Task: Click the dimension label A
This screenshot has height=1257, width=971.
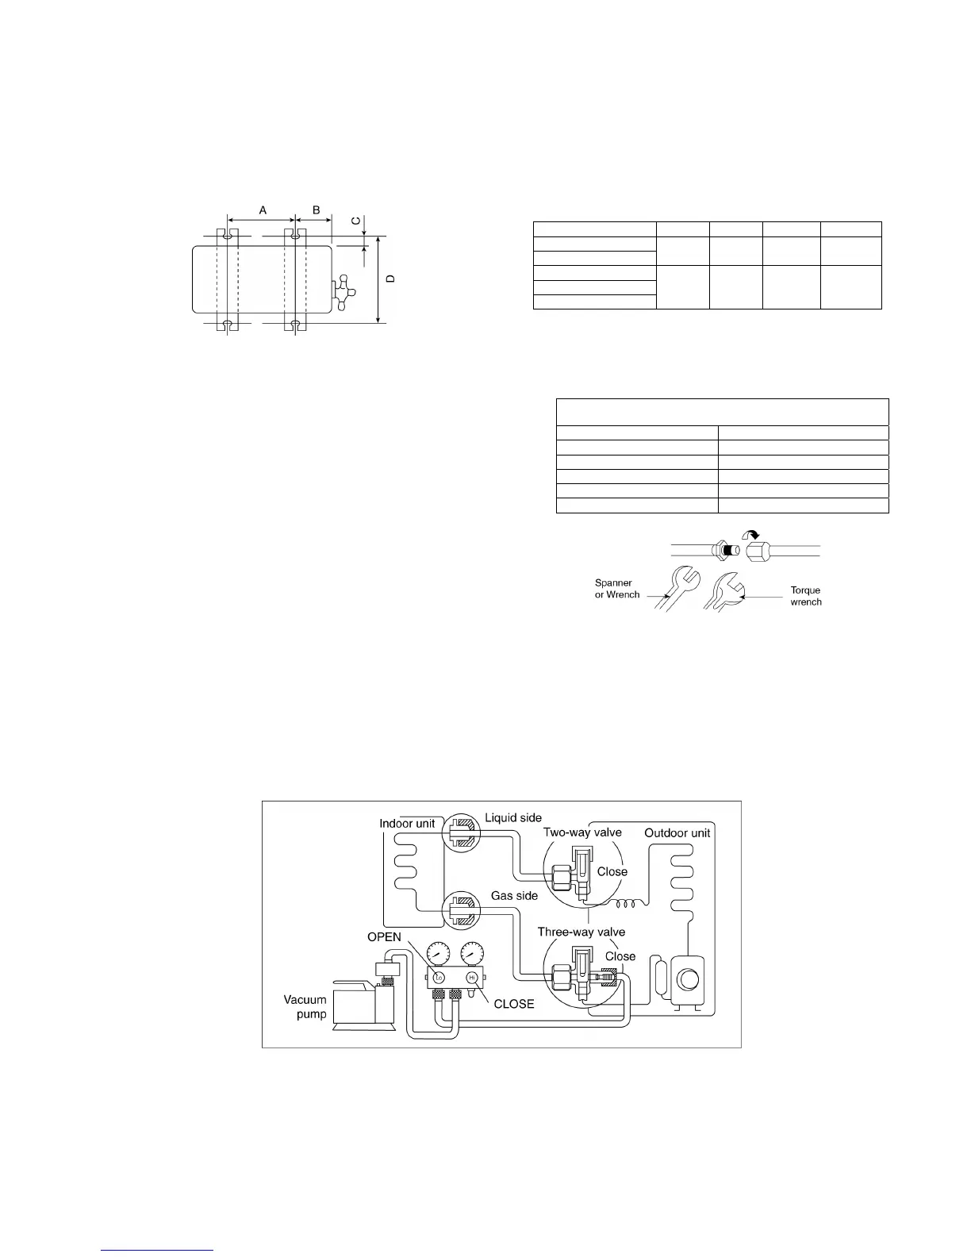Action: coord(263,209)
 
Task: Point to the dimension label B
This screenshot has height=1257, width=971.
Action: coord(315,209)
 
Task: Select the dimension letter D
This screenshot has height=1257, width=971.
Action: coord(390,279)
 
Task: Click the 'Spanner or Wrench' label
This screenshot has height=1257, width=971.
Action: coord(617,588)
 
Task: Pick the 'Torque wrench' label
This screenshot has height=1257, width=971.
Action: coord(805,596)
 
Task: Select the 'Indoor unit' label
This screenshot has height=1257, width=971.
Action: coord(407,823)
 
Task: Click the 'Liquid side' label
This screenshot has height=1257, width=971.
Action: coord(513,817)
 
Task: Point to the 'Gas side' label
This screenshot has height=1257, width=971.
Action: coord(514,895)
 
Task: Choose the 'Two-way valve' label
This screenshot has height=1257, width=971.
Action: coord(582,832)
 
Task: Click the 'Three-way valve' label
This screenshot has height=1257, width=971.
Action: coord(581,932)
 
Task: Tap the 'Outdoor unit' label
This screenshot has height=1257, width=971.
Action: coord(677,832)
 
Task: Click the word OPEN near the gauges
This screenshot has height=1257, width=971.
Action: coord(384,937)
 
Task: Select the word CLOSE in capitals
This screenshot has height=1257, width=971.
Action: coord(514,1003)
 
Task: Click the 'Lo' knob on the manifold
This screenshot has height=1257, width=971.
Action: coord(439,976)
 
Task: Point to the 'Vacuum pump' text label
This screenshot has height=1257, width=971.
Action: coord(305,1007)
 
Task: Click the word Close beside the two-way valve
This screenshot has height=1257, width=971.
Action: coord(612,871)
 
